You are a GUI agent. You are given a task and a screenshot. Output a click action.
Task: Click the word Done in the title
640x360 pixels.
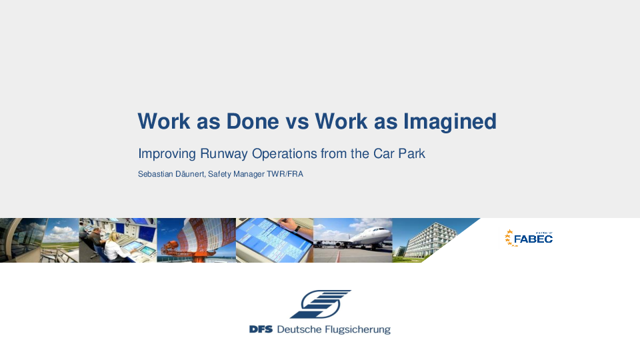click(253, 121)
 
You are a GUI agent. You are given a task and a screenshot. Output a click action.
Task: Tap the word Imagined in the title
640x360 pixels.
click(450, 122)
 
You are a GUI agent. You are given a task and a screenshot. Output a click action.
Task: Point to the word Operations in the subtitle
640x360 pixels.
click(284, 154)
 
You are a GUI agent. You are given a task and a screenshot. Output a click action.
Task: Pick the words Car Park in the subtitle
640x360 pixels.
click(399, 153)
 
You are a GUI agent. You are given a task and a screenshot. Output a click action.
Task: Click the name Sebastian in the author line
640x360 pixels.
click(155, 174)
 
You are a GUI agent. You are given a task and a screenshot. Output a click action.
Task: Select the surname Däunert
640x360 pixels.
click(190, 174)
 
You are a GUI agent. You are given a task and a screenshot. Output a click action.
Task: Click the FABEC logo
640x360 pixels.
click(529, 238)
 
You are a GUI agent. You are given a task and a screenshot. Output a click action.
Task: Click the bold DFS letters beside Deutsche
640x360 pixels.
click(261, 329)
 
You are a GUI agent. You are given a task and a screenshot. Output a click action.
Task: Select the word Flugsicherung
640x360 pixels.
click(354, 330)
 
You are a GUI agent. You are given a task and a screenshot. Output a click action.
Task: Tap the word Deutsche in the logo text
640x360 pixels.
click(296, 329)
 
